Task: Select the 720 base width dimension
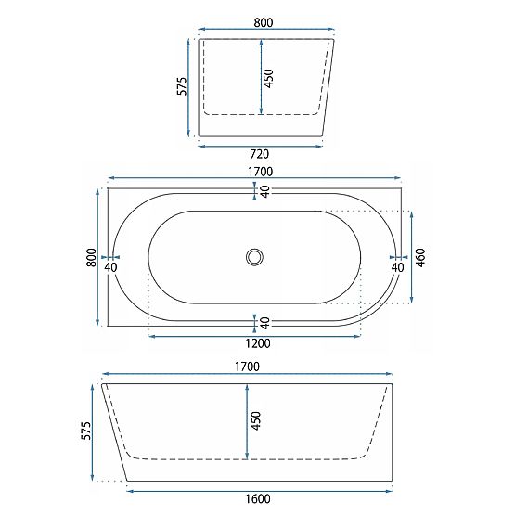tap(261, 153)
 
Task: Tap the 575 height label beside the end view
tap(182, 86)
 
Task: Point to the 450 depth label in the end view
tap(269, 78)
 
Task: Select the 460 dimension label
tap(420, 257)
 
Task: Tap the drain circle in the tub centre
tap(254, 257)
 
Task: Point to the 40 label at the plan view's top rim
tap(264, 191)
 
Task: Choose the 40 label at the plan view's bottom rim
tap(264, 323)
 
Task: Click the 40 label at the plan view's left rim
tap(111, 267)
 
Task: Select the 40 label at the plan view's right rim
tap(397, 267)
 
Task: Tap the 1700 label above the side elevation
tap(247, 367)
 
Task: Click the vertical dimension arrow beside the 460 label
tap(411, 257)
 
